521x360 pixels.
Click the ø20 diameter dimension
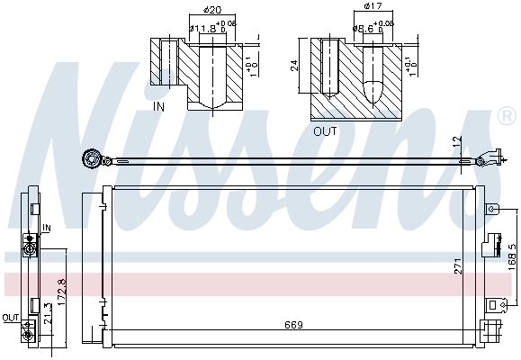pos(213,11)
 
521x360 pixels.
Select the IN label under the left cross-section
pos(159,106)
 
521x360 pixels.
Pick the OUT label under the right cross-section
pos(324,130)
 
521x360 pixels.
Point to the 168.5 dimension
pos(512,256)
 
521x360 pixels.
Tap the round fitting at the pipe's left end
pos(90,160)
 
